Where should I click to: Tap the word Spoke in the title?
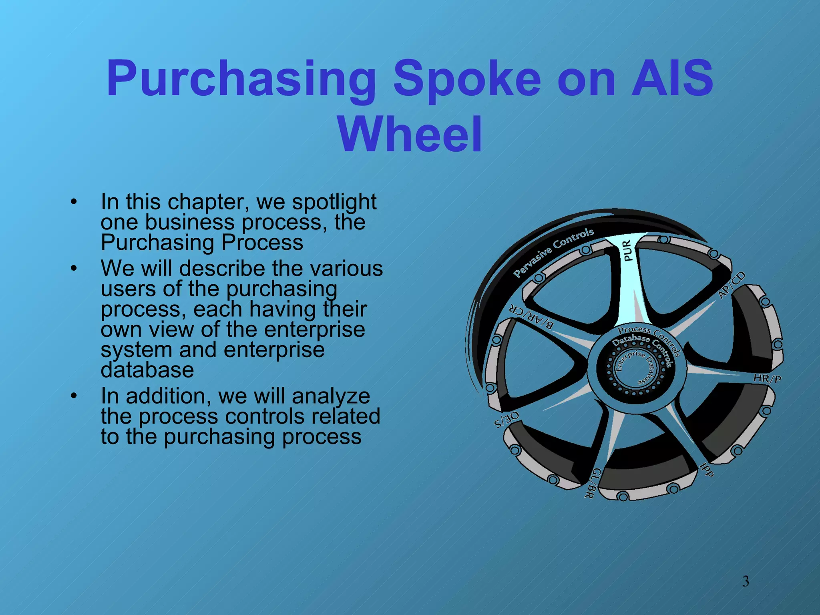click(x=466, y=79)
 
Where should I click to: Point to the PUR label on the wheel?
click(x=627, y=250)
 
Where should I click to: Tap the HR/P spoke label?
click(x=767, y=378)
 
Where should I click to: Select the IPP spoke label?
click(x=707, y=470)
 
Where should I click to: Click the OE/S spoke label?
click(x=507, y=420)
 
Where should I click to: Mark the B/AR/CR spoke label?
click(x=531, y=318)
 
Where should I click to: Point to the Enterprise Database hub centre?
click(x=636, y=368)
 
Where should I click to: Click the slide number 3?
click(x=746, y=581)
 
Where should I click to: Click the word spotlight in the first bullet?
click(x=334, y=202)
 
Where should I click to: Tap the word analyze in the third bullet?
click(x=331, y=396)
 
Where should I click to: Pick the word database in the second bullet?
click(x=147, y=370)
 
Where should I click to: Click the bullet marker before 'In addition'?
click(x=73, y=396)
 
